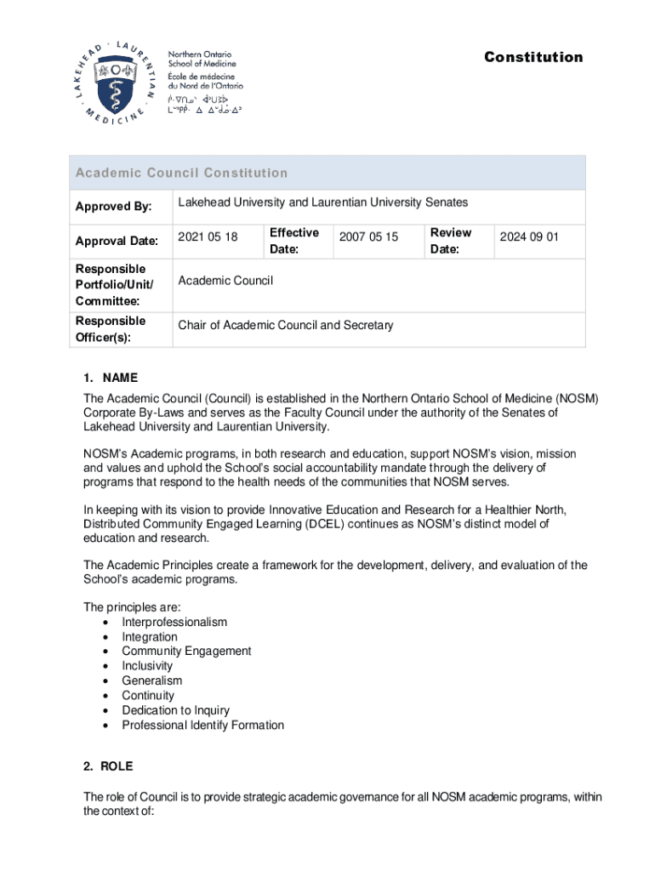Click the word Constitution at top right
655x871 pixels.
point(533,57)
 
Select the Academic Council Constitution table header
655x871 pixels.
point(181,173)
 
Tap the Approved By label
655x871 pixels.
point(113,207)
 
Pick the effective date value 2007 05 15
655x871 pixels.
point(368,237)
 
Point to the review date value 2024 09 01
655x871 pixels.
point(529,237)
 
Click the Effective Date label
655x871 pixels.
point(293,241)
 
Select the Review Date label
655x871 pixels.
point(450,241)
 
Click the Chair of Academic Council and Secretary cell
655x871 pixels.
point(285,326)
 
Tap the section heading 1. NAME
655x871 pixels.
point(110,378)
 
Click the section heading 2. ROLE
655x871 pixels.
point(108,766)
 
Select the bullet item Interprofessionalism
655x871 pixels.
point(174,622)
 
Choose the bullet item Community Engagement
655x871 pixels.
point(186,651)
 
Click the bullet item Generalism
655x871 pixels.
point(151,680)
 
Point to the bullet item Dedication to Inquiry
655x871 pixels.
point(175,710)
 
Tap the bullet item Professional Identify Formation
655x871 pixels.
point(202,725)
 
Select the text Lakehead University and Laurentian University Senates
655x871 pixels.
point(322,202)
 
